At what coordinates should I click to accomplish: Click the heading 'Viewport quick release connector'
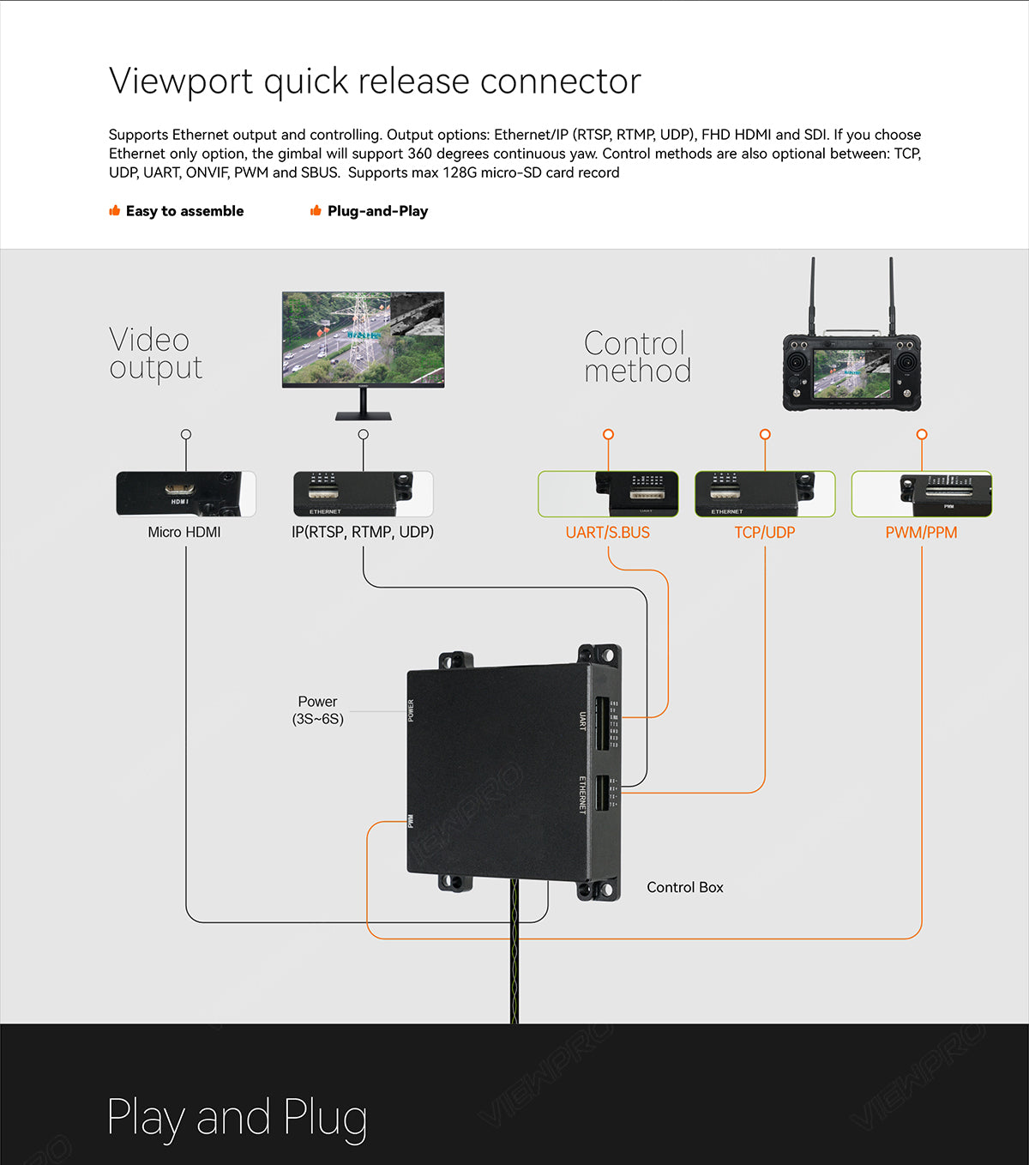375,81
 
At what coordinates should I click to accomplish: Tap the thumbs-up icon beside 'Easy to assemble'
114,211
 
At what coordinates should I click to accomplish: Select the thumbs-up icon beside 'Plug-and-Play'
316,211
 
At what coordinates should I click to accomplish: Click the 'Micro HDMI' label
184,533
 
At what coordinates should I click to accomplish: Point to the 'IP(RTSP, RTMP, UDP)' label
363,533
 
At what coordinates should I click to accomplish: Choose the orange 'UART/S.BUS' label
608,533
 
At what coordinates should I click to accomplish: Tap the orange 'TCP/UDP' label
765,533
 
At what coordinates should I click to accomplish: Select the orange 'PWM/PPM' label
922,533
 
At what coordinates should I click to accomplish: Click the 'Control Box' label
685,888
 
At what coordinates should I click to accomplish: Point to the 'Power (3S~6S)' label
317,710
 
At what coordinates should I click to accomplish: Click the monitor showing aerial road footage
364,340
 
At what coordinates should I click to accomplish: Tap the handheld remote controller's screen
851,374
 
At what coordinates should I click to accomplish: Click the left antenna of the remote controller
813,296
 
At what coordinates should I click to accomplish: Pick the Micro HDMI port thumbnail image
186,494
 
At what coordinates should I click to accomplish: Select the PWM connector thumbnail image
922,494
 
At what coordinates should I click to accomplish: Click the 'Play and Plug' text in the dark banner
238,1118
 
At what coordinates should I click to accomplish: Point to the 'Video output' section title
155,353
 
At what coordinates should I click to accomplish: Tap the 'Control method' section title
637,357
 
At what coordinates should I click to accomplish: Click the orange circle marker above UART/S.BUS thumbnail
608,435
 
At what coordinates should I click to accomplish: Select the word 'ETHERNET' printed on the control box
583,795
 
